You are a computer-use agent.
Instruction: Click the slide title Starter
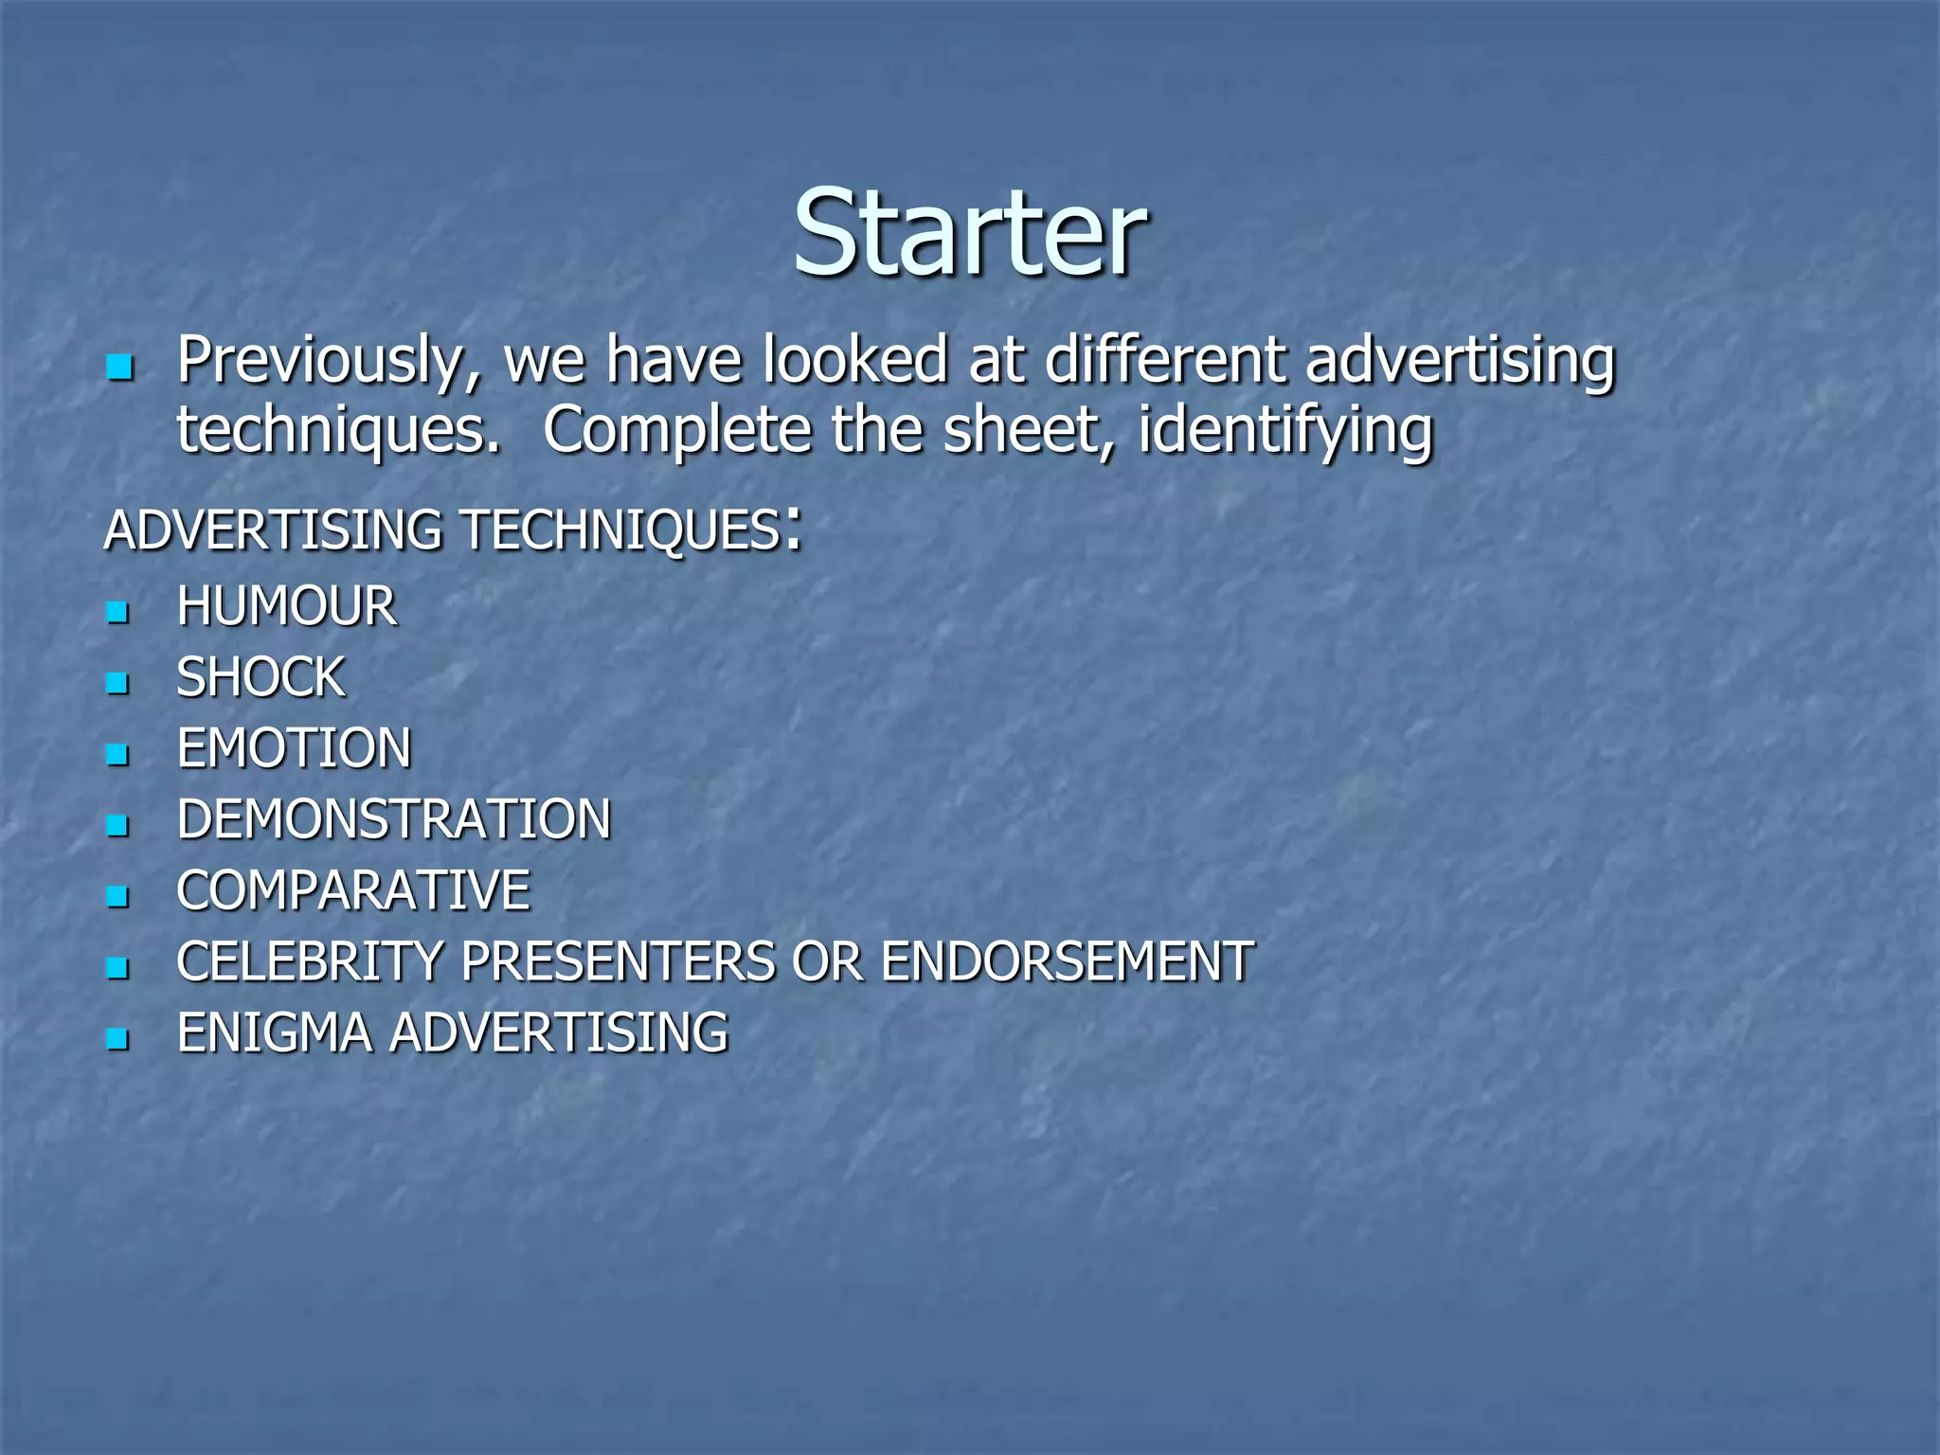tap(969, 232)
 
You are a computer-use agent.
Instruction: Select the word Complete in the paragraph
tap(677, 431)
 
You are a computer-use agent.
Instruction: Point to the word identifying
tap(1285, 431)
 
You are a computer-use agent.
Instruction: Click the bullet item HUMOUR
tap(286, 606)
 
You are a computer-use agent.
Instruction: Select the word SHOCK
tap(260, 677)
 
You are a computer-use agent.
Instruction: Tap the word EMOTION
tap(294, 748)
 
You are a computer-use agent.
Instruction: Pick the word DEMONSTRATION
tap(393, 819)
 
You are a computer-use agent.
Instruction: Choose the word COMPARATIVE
tap(352, 890)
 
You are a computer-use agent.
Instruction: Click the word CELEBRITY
tap(310, 961)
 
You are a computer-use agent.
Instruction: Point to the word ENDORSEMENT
tap(1067, 961)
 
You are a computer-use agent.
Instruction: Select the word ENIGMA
tap(274, 1033)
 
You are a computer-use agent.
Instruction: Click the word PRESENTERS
tap(618, 961)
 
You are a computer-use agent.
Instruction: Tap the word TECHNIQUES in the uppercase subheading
tap(620, 530)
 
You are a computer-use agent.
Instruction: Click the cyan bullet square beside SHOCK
tap(117, 682)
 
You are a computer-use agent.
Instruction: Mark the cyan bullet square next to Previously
tap(119, 368)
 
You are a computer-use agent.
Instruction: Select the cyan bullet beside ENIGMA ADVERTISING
tap(117, 1038)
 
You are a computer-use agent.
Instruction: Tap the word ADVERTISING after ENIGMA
tap(559, 1033)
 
